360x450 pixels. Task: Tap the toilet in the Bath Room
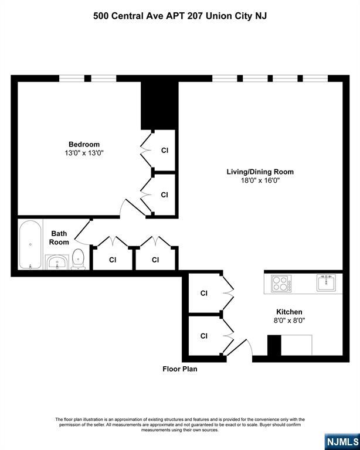tap(78, 259)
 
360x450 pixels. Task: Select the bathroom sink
tap(57, 262)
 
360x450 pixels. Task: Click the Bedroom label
tap(84, 144)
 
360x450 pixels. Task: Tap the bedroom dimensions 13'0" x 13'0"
tap(84, 153)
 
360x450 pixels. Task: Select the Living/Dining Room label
tap(260, 172)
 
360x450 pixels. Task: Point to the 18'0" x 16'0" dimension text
tap(260, 180)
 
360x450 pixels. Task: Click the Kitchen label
tap(289, 312)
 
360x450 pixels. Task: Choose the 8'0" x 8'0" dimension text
tap(289, 321)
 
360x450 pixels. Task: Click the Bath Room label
tap(59, 237)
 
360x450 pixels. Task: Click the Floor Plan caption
tap(179, 369)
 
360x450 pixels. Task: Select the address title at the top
tap(179, 16)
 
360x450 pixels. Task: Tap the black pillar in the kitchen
tap(274, 345)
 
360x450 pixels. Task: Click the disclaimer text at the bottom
tap(179, 424)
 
